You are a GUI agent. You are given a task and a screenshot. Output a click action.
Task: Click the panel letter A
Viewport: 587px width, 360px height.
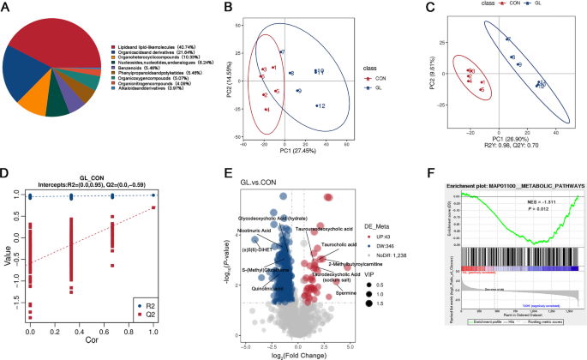(x=7, y=9)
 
